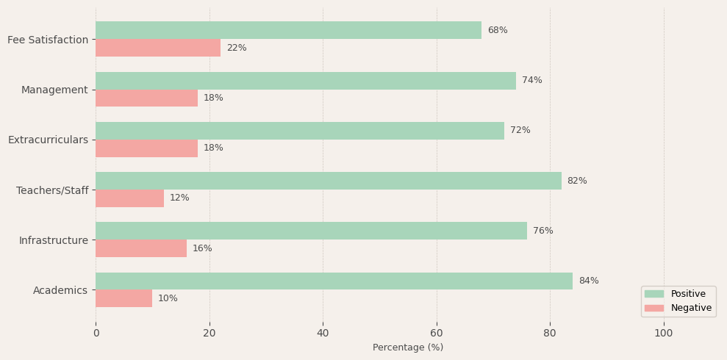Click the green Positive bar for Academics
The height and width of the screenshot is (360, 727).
[334, 281]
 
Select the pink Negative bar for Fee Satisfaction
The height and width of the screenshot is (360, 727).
[158, 48]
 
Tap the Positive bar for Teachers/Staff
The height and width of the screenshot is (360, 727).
[328, 181]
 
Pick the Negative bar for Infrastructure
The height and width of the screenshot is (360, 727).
[141, 248]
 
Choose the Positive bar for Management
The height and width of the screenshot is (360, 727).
[306, 81]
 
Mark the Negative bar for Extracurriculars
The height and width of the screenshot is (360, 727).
[146, 148]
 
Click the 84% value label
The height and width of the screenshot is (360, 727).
[588, 281]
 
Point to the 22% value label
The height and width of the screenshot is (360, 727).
[236, 48]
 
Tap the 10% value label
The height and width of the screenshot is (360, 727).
[168, 299]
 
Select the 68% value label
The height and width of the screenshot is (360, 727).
[497, 31]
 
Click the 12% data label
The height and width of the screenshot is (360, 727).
[179, 198]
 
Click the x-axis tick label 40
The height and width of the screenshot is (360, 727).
[323, 334]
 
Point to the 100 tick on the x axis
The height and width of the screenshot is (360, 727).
[663, 334]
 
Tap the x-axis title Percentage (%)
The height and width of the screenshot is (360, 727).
[408, 348]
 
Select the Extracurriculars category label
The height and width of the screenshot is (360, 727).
[48, 140]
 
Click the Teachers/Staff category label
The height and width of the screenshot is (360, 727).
[51, 190]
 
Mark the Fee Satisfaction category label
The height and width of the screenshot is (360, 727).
[48, 40]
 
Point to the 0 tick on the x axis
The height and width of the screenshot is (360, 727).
[96, 334]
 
